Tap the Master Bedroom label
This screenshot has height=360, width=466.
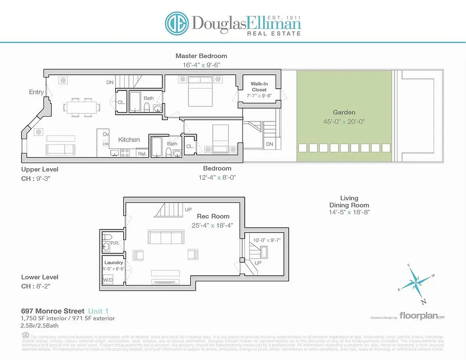point(201,56)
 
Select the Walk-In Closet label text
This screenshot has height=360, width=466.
point(259,87)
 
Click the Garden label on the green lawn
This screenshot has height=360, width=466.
point(344,112)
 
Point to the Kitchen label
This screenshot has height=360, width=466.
point(129,140)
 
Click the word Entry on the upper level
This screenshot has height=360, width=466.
point(36,92)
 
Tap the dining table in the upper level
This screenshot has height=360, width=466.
point(81,107)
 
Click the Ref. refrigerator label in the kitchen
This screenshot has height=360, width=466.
point(142,154)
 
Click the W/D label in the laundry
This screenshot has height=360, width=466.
point(108,280)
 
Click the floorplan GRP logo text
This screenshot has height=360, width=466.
point(418,316)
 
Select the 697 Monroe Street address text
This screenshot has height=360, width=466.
point(53,311)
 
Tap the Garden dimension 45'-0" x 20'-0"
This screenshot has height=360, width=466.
point(344,121)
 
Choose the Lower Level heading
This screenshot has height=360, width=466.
point(40,277)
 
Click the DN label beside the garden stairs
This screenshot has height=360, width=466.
point(269,144)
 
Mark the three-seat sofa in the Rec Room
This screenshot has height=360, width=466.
point(166,237)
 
